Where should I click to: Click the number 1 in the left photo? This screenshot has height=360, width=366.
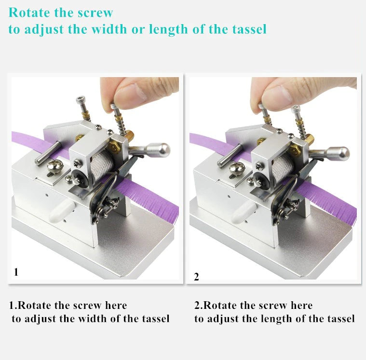coord(16,272)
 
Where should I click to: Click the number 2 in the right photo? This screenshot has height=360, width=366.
coord(196,277)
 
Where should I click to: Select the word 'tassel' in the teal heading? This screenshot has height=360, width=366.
coord(249,29)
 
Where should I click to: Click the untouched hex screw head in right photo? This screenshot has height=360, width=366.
coord(296,108)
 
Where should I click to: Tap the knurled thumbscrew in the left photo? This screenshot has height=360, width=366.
coord(54,167)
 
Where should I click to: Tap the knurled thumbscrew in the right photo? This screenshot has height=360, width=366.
coord(237,169)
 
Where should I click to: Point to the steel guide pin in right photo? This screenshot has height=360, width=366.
coord(230,155)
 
